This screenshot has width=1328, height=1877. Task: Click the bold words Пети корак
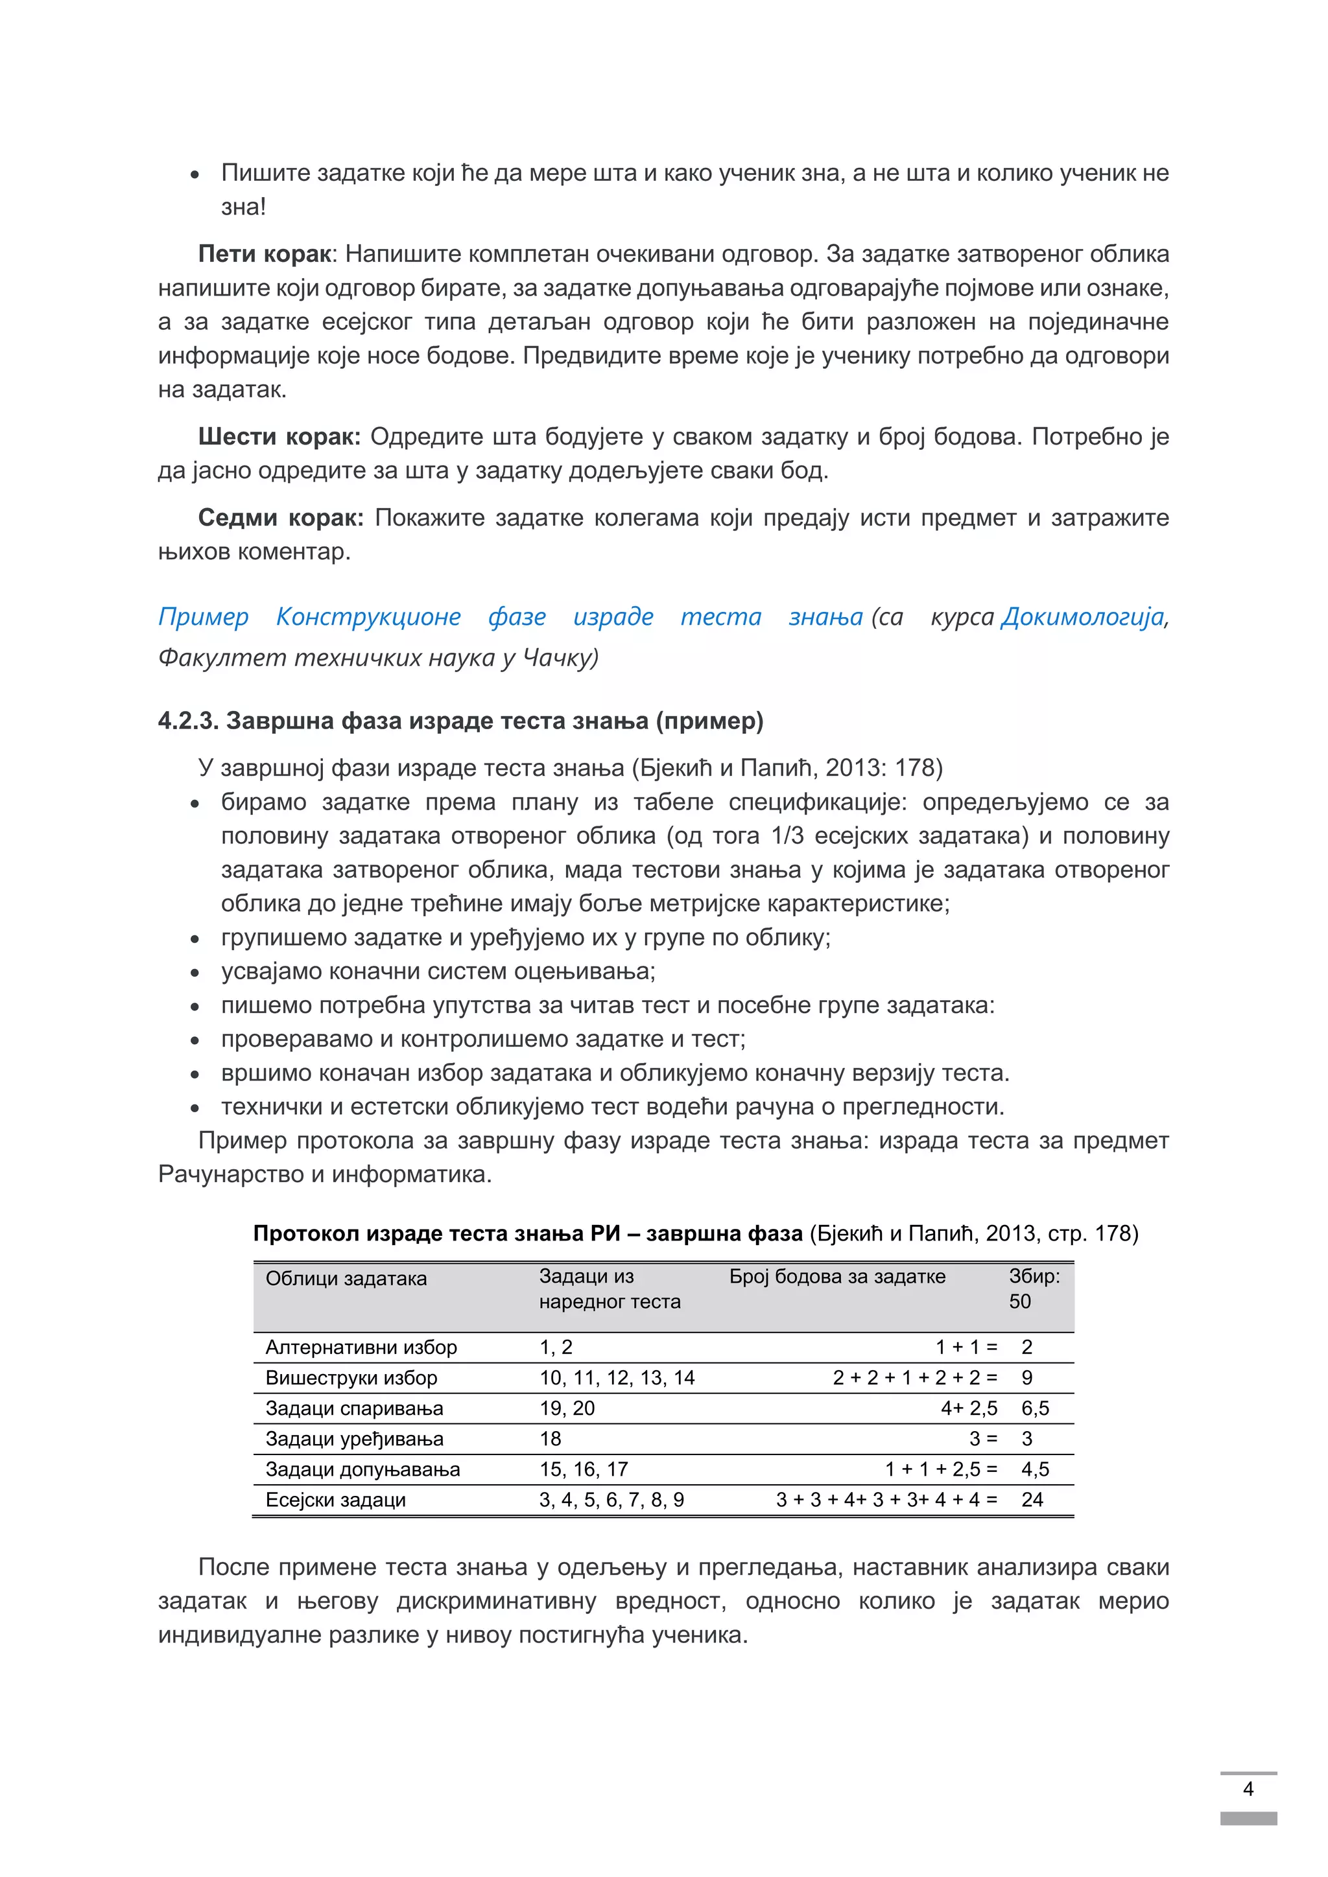click(264, 254)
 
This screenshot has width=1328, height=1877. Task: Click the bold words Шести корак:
click(278, 437)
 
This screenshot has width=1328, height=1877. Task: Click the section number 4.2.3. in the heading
click(188, 721)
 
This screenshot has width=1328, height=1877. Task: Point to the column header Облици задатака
click(346, 1279)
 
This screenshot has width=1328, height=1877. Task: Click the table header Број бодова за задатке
click(836, 1276)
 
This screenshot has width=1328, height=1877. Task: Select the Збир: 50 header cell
click(1033, 1288)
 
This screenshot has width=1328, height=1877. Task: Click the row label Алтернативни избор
click(361, 1347)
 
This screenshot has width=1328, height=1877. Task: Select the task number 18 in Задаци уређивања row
click(551, 1439)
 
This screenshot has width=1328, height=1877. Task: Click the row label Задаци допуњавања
click(362, 1469)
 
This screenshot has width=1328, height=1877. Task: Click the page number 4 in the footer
click(1248, 1789)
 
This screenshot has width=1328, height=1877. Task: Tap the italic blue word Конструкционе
click(368, 616)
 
